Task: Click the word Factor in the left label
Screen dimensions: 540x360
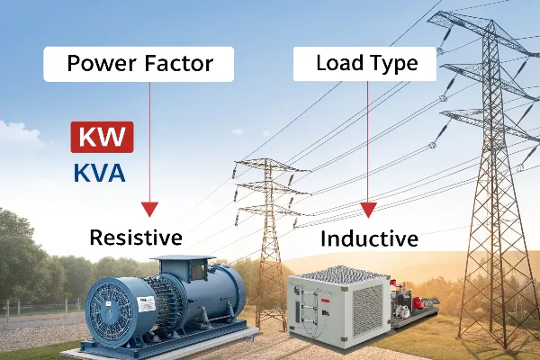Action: coord(179,63)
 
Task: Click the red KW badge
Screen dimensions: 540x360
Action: coord(102,137)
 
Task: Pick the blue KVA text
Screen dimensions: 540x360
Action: coord(100,173)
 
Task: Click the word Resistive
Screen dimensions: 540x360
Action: coord(136,238)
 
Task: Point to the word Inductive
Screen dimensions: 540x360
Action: coord(369,238)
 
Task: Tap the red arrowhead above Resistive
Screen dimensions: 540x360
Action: coord(149,209)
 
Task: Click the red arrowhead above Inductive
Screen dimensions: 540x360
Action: coord(368,210)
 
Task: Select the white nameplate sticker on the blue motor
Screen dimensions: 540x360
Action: coord(146,304)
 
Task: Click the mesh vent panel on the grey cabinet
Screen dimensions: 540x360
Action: coord(368,310)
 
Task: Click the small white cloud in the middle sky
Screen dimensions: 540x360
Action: coord(238,131)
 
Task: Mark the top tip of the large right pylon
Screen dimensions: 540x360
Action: coord(492,20)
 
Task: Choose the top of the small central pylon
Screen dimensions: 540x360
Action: coord(266,159)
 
